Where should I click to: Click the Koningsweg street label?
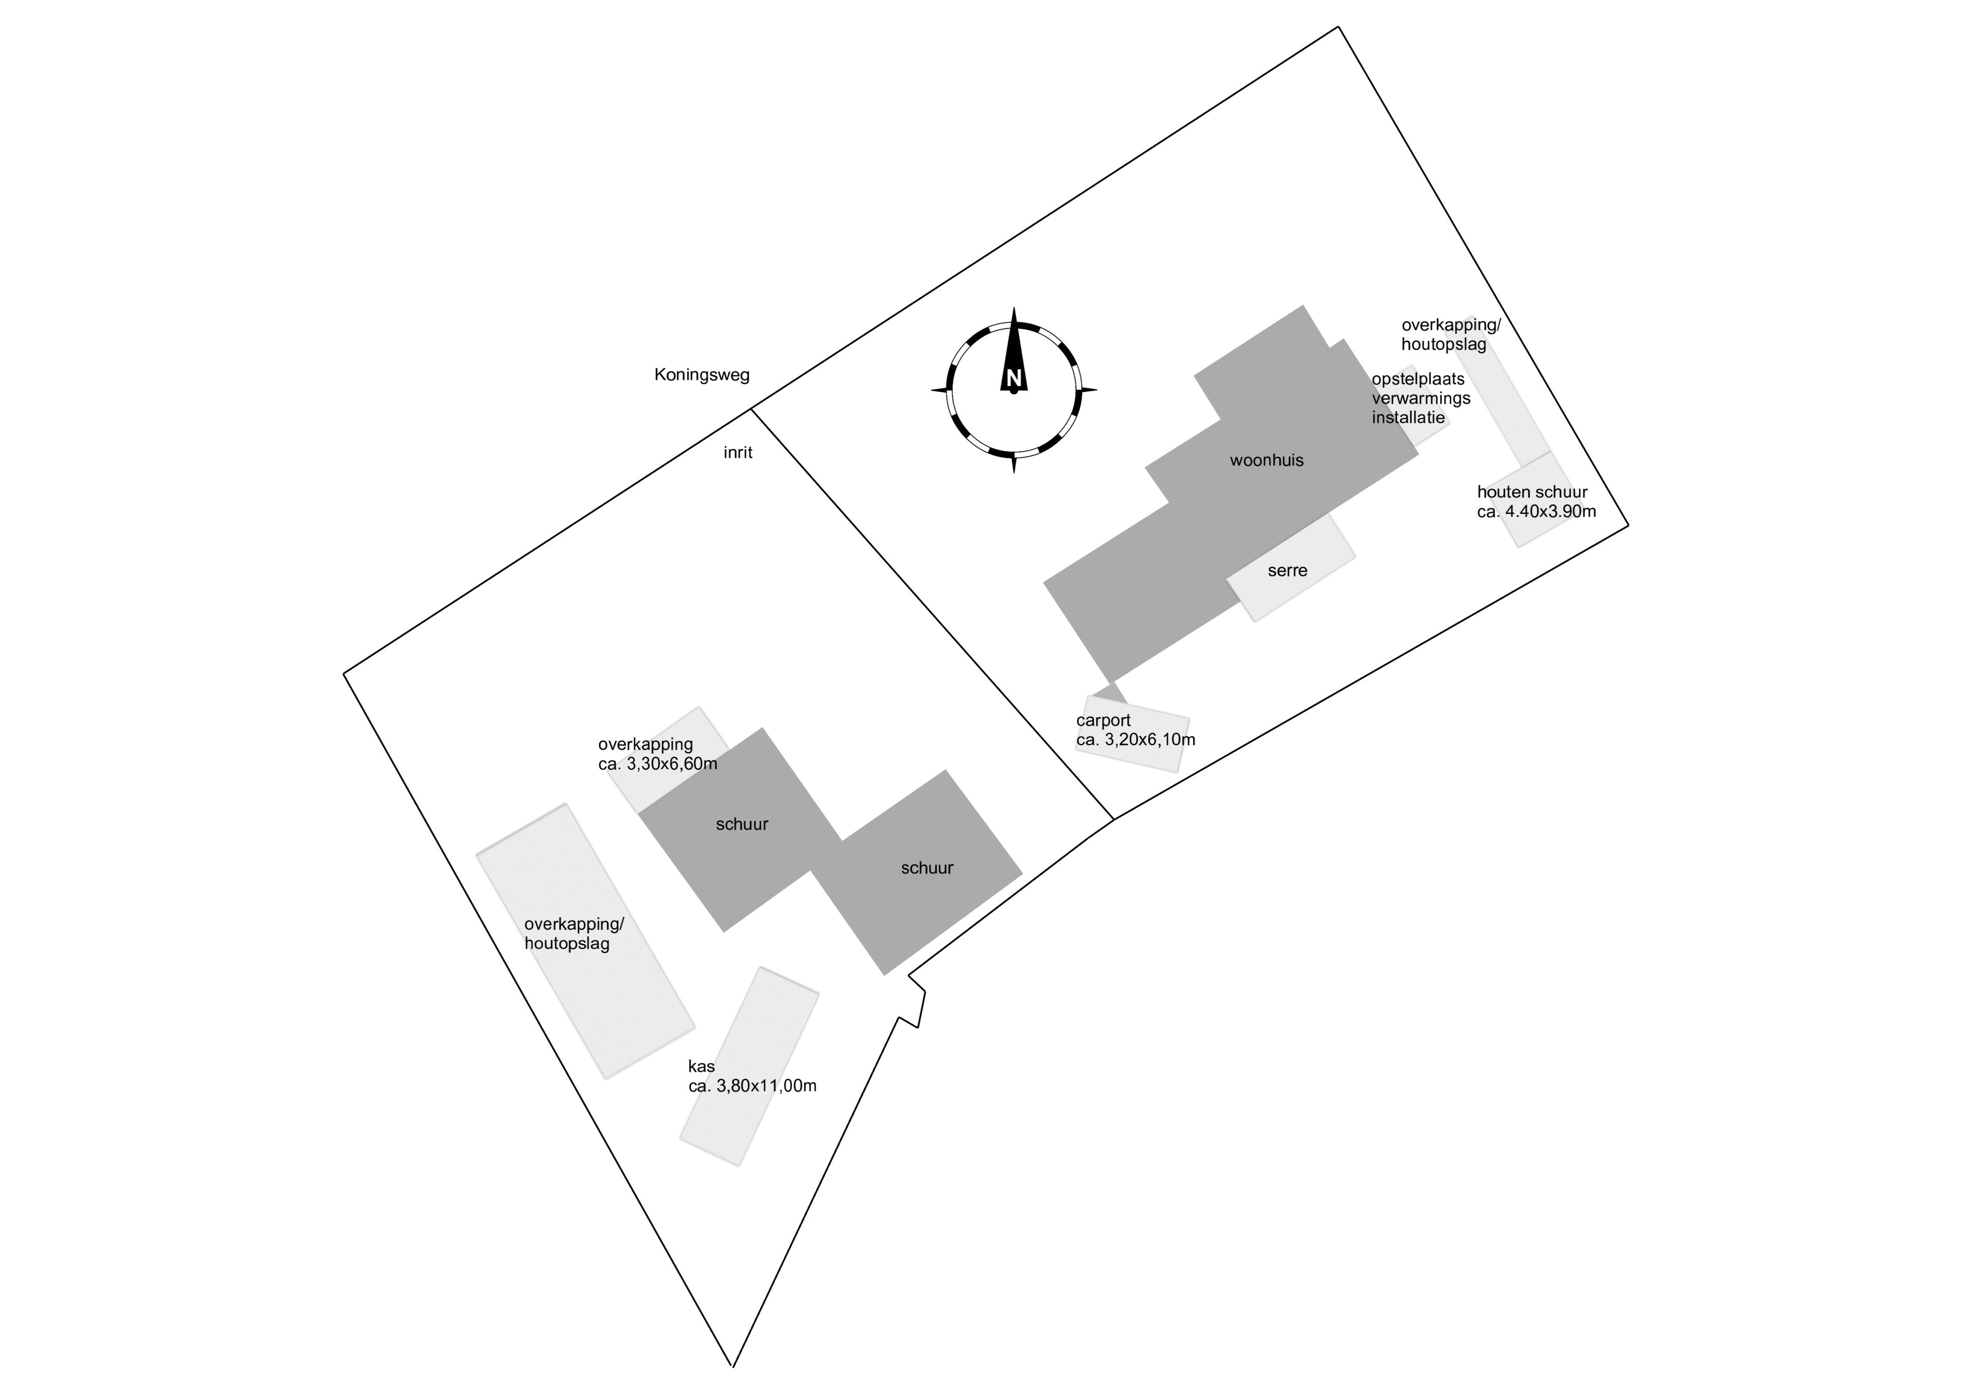point(701,375)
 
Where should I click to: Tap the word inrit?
point(738,453)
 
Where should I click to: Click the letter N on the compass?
point(1014,378)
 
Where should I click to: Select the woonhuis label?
point(1267,461)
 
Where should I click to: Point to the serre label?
point(1287,570)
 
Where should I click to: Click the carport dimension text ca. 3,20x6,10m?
point(1135,739)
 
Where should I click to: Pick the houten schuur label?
point(1532,492)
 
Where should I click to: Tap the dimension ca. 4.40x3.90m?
point(1537,512)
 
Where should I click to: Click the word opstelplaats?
point(1418,379)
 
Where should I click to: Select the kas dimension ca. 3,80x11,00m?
point(752,1085)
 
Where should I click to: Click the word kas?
point(701,1067)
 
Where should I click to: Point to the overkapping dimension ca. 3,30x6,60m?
point(658,763)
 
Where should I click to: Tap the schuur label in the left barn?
point(742,825)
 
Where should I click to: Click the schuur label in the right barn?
point(927,868)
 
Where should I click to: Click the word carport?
point(1104,721)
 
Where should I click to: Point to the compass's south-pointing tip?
point(1014,472)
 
